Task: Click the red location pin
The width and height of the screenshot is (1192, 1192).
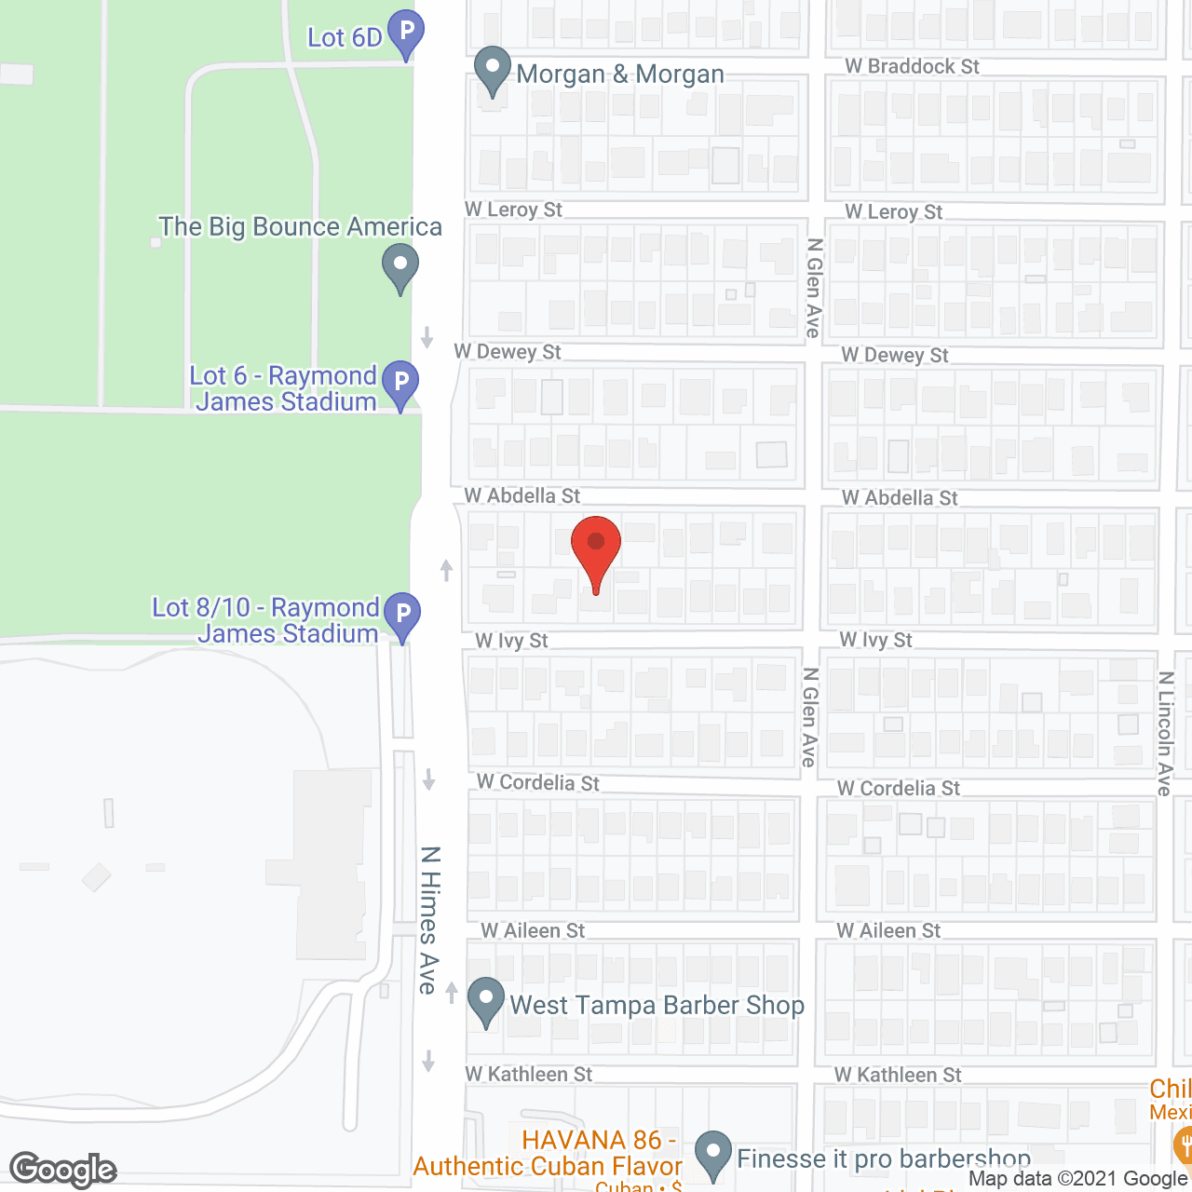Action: tap(596, 549)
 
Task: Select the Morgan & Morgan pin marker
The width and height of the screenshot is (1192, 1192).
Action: tap(493, 70)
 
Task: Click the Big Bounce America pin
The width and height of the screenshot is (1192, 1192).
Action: tap(400, 265)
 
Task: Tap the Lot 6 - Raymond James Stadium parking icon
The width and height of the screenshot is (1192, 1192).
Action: tap(401, 383)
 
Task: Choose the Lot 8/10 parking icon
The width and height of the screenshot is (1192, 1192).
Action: tap(402, 615)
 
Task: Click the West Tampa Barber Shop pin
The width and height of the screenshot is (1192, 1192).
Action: tap(485, 1000)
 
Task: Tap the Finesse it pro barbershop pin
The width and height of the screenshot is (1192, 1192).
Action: tap(713, 1153)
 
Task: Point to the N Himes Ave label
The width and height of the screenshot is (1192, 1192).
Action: tap(428, 920)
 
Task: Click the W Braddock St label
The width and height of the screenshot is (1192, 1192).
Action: tap(912, 67)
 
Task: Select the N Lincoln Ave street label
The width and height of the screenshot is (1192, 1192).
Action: tap(1165, 734)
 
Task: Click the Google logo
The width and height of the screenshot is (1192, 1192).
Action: tap(63, 1170)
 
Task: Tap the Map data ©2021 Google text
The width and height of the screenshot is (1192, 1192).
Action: tap(1077, 1179)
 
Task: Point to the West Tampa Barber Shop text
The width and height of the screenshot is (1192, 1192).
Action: tap(657, 1006)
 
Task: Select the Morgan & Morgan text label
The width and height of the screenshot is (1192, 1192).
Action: tap(620, 74)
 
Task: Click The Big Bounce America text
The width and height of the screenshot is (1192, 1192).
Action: tap(300, 227)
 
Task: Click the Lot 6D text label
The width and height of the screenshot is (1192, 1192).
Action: tap(345, 38)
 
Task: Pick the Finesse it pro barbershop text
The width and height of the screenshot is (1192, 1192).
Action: tap(884, 1159)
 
